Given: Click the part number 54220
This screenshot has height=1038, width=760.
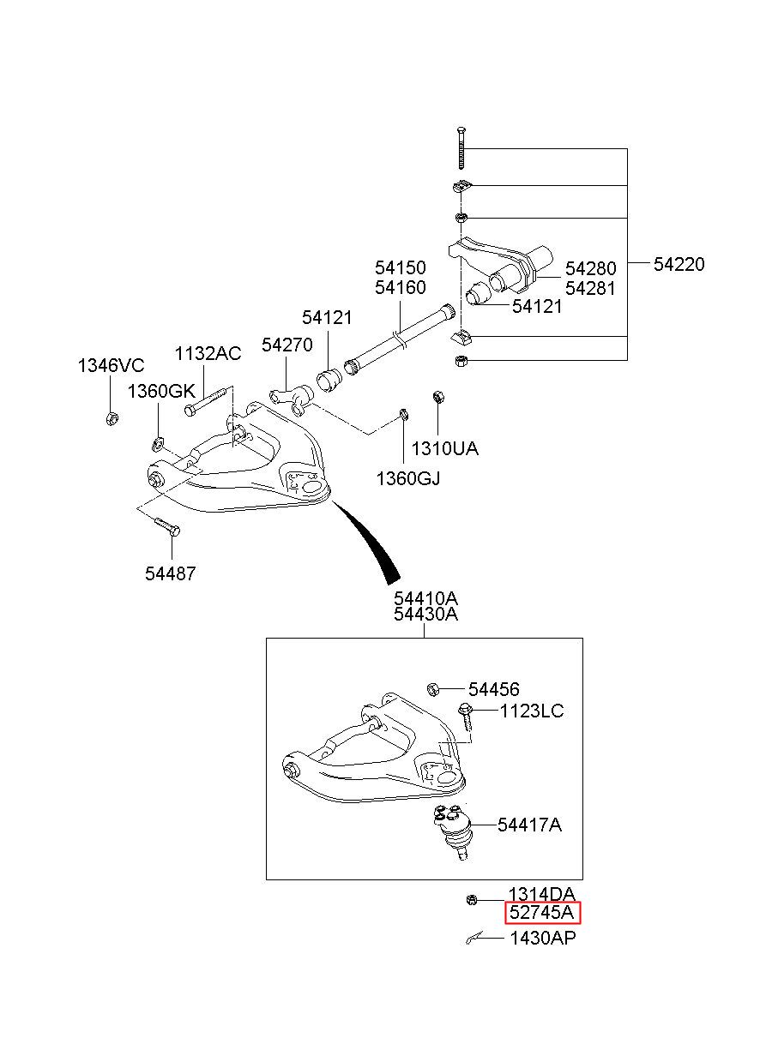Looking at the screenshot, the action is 679,264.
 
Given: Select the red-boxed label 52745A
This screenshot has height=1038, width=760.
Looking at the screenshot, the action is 541,912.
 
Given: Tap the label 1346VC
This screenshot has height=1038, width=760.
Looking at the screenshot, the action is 111,366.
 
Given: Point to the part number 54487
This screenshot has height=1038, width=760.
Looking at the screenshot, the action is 170,573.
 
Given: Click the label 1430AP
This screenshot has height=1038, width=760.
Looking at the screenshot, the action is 542,938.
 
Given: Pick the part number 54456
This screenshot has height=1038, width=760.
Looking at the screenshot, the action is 493,689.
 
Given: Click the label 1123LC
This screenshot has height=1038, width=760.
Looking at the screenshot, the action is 531,711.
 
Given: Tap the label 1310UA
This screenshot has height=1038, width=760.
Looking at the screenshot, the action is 444,448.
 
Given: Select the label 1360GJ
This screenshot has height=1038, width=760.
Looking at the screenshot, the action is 408,478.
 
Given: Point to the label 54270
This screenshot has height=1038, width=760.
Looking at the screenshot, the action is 287,345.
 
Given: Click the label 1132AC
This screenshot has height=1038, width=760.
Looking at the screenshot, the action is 208,353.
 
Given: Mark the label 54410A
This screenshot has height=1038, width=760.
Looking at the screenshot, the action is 425,598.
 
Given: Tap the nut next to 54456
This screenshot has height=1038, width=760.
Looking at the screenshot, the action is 432,689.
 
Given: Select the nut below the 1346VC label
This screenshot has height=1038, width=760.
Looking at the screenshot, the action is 112,418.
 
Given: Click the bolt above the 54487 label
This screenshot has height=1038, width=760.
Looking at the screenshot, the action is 166,527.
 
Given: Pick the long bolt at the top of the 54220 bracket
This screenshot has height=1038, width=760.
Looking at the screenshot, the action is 461,147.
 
